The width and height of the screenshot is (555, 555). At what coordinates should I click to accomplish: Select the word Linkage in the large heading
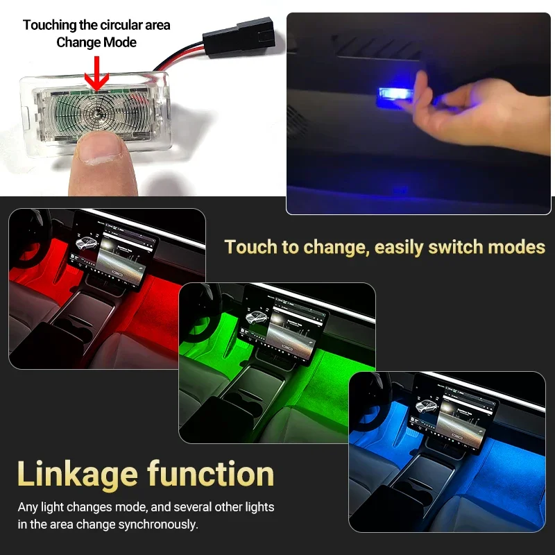click(x=77, y=475)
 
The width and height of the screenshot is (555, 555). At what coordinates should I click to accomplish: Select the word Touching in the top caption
click(x=49, y=25)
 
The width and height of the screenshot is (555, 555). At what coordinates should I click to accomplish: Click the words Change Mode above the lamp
click(x=96, y=42)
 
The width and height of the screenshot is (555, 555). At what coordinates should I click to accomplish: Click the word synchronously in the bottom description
click(x=155, y=524)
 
